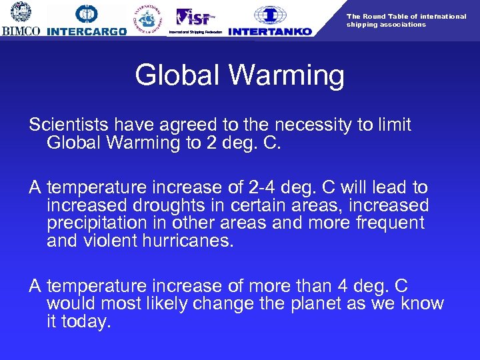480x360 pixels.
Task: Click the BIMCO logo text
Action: tap(21, 31)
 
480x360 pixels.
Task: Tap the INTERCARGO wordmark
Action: tap(87, 31)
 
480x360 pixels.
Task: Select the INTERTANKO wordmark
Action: tap(269, 31)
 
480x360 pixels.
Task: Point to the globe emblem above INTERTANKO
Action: tap(269, 14)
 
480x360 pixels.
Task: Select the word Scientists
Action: tap(69, 125)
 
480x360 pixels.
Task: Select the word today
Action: tap(86, 321)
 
